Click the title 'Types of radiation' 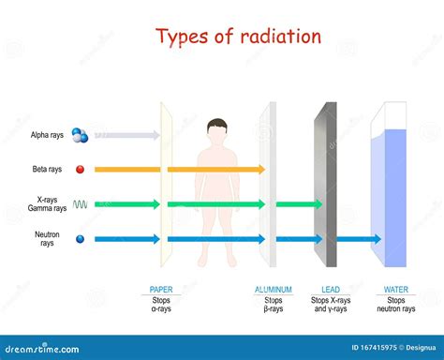pos(238,37)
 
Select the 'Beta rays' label pos(47,170)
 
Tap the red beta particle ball pos(80,170)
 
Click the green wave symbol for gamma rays pos(81,203)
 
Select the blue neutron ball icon pos(80,239)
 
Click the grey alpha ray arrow pos(126,136)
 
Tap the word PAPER pos(161,290)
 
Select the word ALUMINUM pos(274,290)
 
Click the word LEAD pos(331,290)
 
